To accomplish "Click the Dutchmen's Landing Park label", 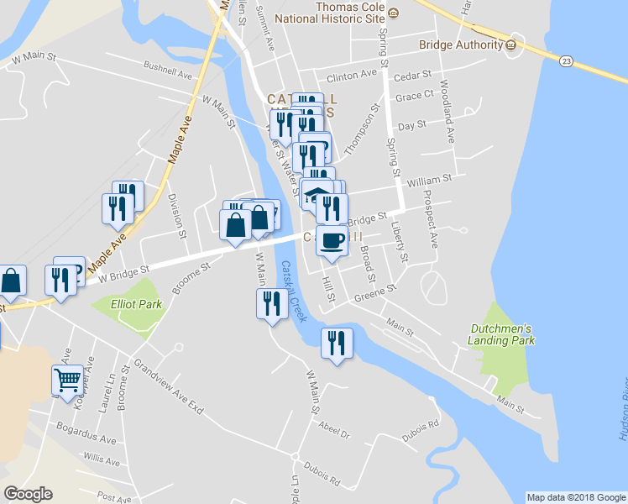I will click(x=502, y=333).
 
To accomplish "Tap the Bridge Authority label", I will click(x=458, y=44).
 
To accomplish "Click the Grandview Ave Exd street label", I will click(x=168, y=385).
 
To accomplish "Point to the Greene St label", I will click(x=374, y=292).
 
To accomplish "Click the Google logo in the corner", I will click(x=28, y=494).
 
